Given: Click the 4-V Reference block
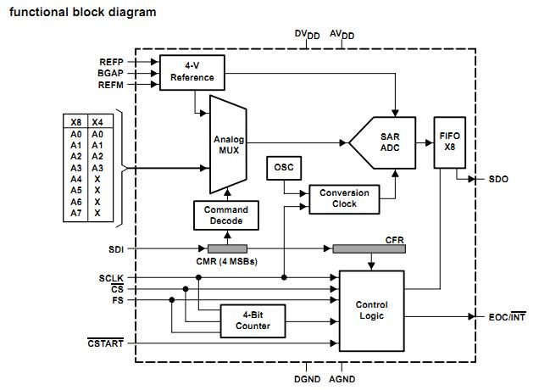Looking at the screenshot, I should [x=192, y=71].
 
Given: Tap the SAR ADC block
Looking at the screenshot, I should [x=386, y=142].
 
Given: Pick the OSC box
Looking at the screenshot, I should [x=282, y=167].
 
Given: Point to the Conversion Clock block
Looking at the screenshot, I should [x=344, y=198].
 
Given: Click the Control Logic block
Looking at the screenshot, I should [x=371, y=310].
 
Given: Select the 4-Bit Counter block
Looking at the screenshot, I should [x=253, y=320].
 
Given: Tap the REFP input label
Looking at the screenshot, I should [x=110, y=63].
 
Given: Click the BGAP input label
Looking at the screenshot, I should [x=110, y=74].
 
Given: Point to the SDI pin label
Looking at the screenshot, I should [x=116, y=249].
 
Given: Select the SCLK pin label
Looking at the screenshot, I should [x=111, y=277].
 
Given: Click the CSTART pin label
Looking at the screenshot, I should [x=105, y=343].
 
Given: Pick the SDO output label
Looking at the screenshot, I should [x=498, y=180].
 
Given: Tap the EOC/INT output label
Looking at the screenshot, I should [x=506, y=317].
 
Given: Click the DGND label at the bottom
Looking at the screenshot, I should [x=307, y=379].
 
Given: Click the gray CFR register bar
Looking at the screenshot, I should [x=369, y=248].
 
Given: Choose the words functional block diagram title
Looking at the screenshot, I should [x=82, y=13].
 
